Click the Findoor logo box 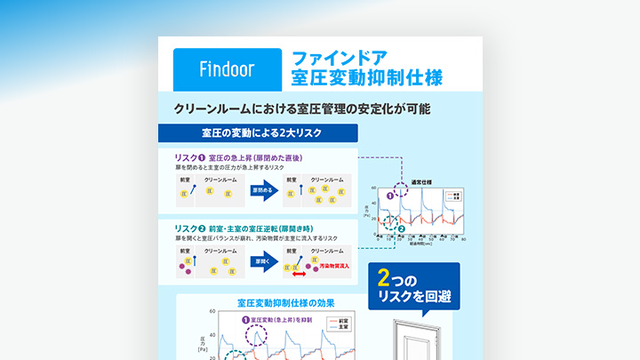tap(227, 67)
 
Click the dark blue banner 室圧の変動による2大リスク tap(257, 133)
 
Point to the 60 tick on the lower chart tap(212, 313)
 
